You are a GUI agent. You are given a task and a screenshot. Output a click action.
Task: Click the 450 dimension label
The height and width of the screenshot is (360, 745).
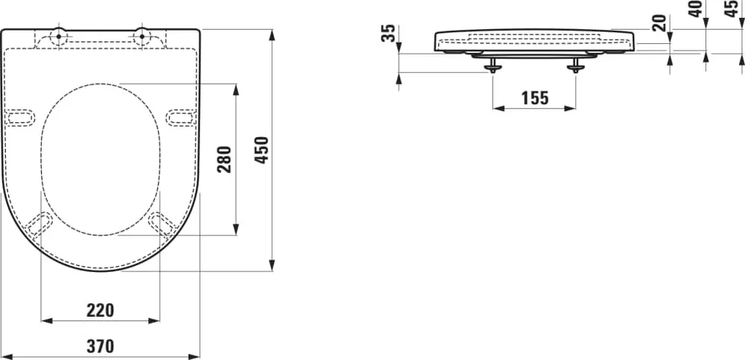click(x=261, y=151)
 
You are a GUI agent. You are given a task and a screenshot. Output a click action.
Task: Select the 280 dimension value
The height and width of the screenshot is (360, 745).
click(x=224, y=160)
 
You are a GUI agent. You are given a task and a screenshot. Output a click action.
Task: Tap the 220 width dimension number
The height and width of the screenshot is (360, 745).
click(x=101, y=311)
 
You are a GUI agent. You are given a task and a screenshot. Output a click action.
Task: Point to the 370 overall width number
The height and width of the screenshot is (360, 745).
click(x=101, y=346)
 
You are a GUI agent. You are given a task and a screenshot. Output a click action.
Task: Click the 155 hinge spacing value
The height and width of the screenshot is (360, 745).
click(x=534, y=98)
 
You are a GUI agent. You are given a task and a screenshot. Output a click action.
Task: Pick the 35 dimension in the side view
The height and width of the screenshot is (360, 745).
click(x=389, y=34)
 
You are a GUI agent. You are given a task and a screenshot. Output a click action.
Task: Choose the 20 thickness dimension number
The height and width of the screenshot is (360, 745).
click(x=659, y=23)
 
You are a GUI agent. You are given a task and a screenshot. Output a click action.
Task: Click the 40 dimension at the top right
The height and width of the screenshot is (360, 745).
click(x=696, y=9)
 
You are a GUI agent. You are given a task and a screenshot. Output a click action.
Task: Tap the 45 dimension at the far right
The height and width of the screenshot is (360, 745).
click(x=732, y=9)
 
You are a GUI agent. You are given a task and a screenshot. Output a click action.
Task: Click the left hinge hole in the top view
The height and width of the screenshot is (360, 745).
click(x=58, y=36)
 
